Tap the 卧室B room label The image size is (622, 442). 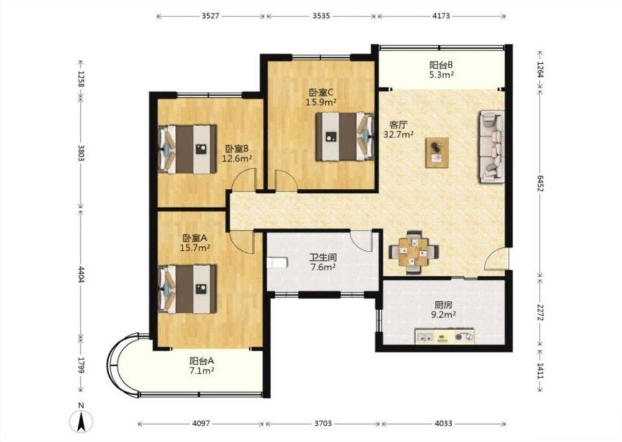(x=237, y=149)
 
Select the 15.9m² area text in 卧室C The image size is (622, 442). (x=321, y=102)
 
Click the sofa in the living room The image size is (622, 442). (x=491, y=146)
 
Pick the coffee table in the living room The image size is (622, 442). (x=437, y=152)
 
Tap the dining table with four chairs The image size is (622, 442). (x=414, y=252)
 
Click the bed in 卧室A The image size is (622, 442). (x=187, y=289)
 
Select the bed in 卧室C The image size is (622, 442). (x=345, y=137)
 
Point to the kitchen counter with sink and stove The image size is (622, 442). (x=444, y=336)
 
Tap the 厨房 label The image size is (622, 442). (x=444, y=305)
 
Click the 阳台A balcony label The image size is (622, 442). (x=202, y=361)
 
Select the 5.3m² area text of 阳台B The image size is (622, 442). (x=441, y=74)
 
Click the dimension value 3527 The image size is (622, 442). (x=210, y=16)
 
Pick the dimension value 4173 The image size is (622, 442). (x=441, y=16)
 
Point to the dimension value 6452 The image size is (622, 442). (x=540, y=183)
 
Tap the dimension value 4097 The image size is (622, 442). (x=201, y=423)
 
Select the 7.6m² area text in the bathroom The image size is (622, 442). (x=323, y=267)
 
